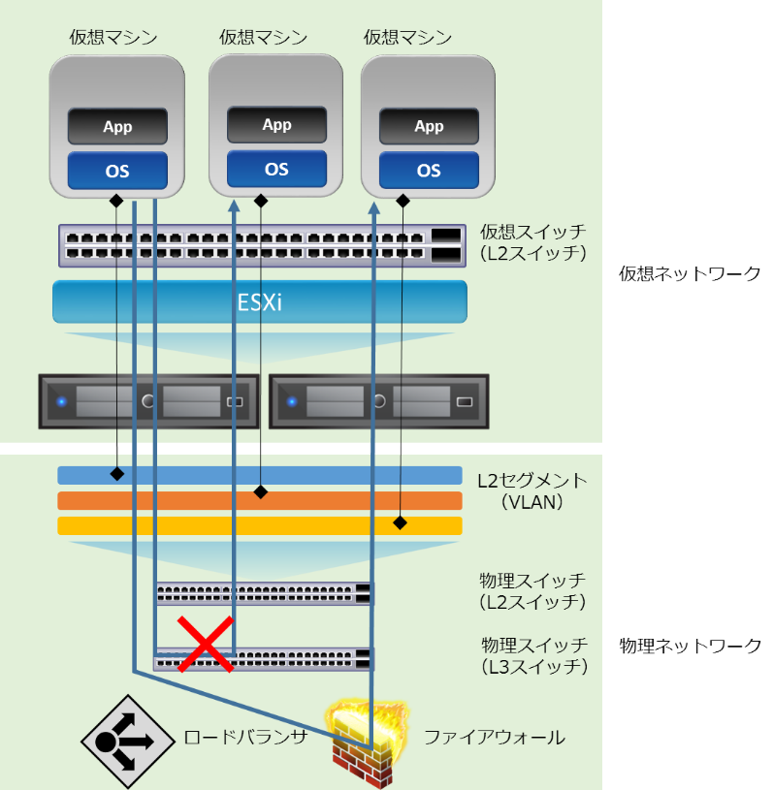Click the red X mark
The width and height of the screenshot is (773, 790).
coord(205,643)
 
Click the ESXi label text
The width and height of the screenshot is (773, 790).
coord(259,301)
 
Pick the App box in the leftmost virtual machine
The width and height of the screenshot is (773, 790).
coord(117,127)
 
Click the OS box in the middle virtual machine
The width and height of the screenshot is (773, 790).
coord(276,169)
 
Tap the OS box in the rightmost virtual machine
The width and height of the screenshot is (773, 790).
coord(429,171)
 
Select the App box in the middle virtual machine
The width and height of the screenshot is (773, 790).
coord(276,125)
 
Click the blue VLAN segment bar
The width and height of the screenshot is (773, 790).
coord(259,475)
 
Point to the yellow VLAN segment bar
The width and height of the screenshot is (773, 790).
coord(259,525)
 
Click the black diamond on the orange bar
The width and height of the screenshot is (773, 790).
coord(260,492)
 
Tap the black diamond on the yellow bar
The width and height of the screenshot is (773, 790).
coord(400,522)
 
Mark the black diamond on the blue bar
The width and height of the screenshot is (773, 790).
coord(116,474)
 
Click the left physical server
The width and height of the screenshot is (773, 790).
coord(148,401)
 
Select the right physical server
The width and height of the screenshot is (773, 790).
coord(378,401)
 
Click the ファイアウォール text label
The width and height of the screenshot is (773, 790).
coord(494,738)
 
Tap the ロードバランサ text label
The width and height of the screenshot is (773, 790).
coord(245,738)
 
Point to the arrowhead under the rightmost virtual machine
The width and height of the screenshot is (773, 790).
coord(373,207)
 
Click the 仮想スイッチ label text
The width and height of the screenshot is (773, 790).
coord(532,232)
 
